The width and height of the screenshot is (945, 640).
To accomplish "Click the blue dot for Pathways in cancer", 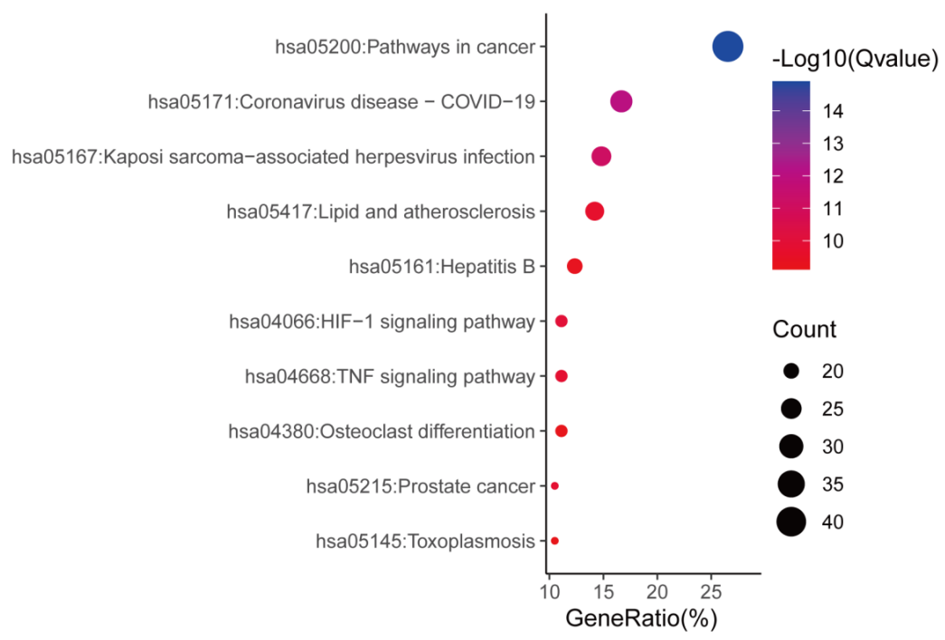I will tap(727, 46).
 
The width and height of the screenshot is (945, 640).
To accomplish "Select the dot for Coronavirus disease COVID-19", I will tap(621, 101).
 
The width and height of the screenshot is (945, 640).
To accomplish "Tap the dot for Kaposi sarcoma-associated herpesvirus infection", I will tap(601, 156).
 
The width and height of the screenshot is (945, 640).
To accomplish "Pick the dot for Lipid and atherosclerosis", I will tap(594, 212).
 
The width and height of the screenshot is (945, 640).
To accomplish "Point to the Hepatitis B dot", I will tap(574, 266).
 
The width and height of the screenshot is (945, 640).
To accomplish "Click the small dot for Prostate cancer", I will tap(554, 486).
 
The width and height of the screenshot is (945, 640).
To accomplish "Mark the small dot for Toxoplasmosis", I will tap(554, 541).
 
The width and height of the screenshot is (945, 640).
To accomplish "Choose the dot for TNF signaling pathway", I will tap(561, 376).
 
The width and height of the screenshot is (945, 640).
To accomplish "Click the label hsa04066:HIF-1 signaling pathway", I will tap(382, 321).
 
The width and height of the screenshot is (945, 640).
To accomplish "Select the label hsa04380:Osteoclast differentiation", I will tap(381, 431).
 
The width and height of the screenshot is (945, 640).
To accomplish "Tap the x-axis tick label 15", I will tap(603, 592).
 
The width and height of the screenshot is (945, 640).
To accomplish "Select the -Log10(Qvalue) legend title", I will tap(855, 61).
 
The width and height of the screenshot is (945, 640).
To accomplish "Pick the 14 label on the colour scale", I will tap(833, 111).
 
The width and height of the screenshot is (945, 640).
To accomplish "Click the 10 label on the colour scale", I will tap(833, 241).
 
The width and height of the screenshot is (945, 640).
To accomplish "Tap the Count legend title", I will tap(804, 330).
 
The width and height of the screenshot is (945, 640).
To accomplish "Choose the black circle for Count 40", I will tap(791, 522).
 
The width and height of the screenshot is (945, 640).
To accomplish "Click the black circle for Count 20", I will tap(791, 372).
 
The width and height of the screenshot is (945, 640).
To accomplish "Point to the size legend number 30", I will tap(833, 447).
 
